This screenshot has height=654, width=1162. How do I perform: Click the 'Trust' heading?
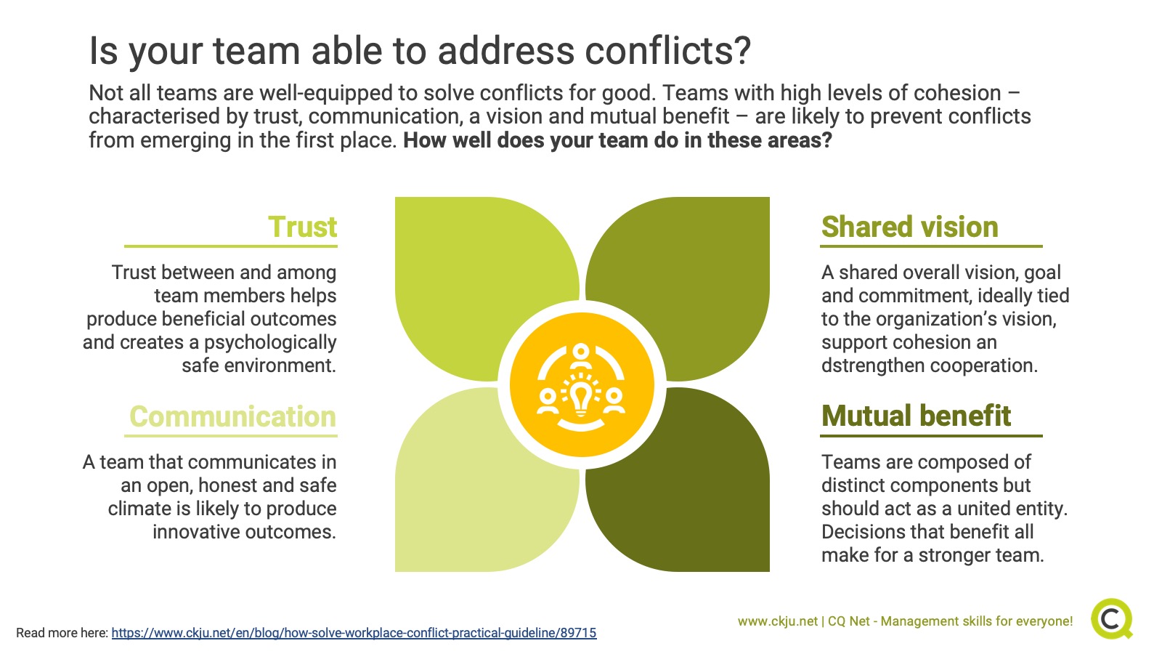click(302, 227)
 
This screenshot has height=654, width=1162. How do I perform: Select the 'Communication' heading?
click(233, 416)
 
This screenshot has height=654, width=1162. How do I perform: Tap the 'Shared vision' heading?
click(910, 227)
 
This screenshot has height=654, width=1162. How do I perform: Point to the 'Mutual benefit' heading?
click(916, 416)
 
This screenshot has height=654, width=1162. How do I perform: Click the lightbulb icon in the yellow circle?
click(581, 397)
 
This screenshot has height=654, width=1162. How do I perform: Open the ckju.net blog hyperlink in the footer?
click(354, 633)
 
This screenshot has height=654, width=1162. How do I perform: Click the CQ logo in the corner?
click(1112, 618)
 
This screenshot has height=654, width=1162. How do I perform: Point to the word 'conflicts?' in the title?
click(668, 51)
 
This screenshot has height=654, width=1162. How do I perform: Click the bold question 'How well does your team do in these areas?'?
click(618, 140)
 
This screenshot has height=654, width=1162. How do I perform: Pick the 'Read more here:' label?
click(62, 633)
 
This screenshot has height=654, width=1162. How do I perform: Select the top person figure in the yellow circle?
click(581, 356)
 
